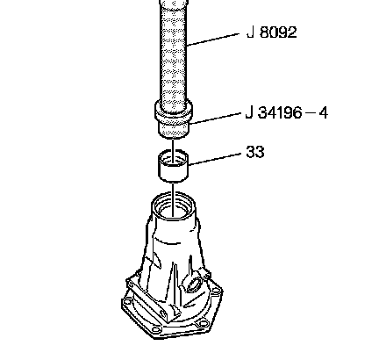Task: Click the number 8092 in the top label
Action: pyautogui.click(x=278, y=32)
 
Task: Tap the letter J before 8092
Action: pyautogui.click(x=250, y=32)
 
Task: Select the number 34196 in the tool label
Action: pyautogui.click(x=279, y=112)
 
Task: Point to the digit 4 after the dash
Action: pyautogui.click(x=323, y=113)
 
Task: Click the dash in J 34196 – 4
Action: pyautogui.click(x=310, y=113)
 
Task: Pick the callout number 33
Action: pyautogui.click(x=255, y=152)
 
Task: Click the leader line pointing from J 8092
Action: pyautogui.click(x=213, y=40)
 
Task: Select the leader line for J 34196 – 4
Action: pyautogui.click(x=215, y=119)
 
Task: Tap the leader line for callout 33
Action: pyautogui.click(x=215, y=160)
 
